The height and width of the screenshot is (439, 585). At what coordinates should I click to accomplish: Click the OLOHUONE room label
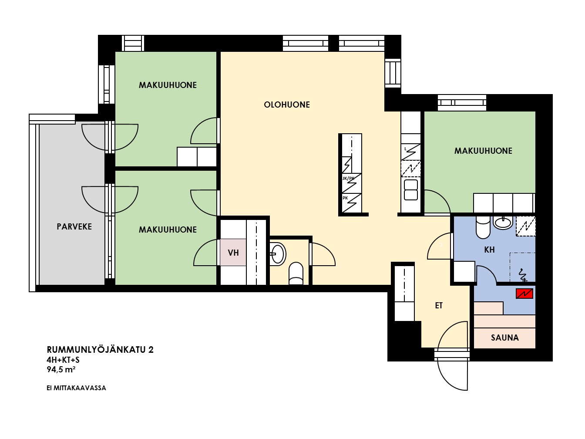point(287,105)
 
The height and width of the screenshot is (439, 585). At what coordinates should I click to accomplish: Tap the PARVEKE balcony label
point(74,226)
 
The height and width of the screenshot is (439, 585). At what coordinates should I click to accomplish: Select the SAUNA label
point(505,338)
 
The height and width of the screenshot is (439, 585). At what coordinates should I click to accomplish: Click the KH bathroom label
point(489,250)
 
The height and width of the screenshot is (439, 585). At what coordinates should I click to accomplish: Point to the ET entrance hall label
point(439,305)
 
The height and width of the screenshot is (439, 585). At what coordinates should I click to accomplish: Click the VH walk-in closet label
point(233,253)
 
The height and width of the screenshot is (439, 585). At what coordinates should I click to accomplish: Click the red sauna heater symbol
point(524,294)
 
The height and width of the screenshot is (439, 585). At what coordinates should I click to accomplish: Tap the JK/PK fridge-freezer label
point(348,178)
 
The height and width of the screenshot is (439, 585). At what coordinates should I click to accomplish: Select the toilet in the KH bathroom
point(483,227)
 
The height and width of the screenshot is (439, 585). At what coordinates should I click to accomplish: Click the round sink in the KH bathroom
point(503,223)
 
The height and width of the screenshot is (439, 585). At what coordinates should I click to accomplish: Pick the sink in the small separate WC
point(278,254)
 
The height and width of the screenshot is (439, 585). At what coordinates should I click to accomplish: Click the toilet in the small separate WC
point(296,274)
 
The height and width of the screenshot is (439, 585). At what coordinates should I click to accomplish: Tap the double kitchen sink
point(411,190)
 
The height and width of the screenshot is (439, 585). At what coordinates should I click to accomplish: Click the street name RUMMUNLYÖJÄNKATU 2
point(100,350)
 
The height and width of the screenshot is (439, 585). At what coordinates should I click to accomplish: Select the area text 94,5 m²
point(61,369)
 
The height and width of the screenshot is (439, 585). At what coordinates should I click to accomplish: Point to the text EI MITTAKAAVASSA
point(76,388)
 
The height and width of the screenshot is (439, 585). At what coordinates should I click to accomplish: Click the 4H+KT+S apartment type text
point(63,360)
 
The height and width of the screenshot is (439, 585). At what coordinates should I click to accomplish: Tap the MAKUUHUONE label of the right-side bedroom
point(483,151)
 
